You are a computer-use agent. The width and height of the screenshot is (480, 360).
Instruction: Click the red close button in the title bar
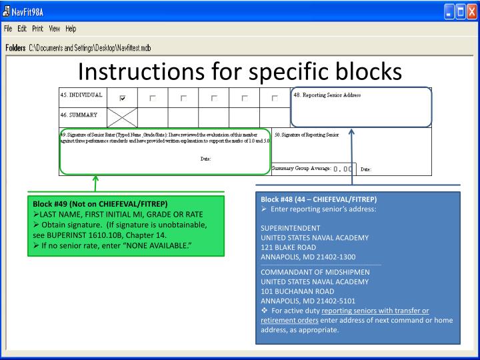point(472,11)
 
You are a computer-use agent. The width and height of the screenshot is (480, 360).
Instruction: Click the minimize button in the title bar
point(449,11)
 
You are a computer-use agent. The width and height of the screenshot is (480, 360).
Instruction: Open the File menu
point(8,29)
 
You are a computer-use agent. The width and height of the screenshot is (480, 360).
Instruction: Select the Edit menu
point(23,29)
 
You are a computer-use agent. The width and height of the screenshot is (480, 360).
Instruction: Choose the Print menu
point(38,29)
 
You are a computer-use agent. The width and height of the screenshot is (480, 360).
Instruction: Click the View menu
point(55,29)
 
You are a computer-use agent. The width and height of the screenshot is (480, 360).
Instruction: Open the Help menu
point(71,29)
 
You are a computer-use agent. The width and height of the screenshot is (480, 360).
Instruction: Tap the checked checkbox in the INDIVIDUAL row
point(122,98)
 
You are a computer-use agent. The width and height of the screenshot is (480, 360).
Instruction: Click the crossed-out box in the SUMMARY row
point(122,116)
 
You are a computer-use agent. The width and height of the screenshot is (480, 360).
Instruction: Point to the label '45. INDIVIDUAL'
point(81,95)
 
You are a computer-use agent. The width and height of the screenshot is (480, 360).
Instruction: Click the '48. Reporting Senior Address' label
point(327,95)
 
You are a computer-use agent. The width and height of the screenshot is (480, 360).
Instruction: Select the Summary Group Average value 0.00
point(343,169)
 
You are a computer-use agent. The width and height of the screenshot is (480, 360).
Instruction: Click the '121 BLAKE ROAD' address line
point(288,247)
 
